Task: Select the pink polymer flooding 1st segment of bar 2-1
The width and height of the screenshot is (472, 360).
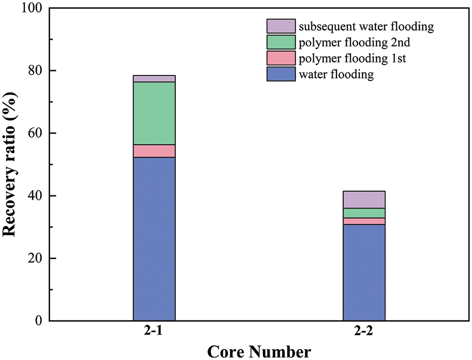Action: coord(154,151)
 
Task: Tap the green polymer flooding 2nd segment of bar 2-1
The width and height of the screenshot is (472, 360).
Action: coord(154,113)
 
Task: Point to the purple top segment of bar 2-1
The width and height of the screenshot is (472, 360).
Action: coord(154,78)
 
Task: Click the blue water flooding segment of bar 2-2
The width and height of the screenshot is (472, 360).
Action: coord(364,272)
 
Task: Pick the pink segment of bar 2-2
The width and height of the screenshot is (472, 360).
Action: coord(364,221)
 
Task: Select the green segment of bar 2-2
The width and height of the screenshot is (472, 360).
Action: coord(364,213)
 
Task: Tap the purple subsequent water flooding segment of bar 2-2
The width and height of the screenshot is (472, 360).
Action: coord(364,199)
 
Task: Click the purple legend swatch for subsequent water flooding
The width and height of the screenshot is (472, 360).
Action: coord(281,26)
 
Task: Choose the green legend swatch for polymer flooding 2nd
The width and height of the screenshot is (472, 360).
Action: coord(281,42)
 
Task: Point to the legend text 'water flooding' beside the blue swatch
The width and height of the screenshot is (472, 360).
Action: coord(336,74)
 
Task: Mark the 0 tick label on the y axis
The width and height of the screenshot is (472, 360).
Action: coord(39,321)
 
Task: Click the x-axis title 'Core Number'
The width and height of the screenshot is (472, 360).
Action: coord(259,351)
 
